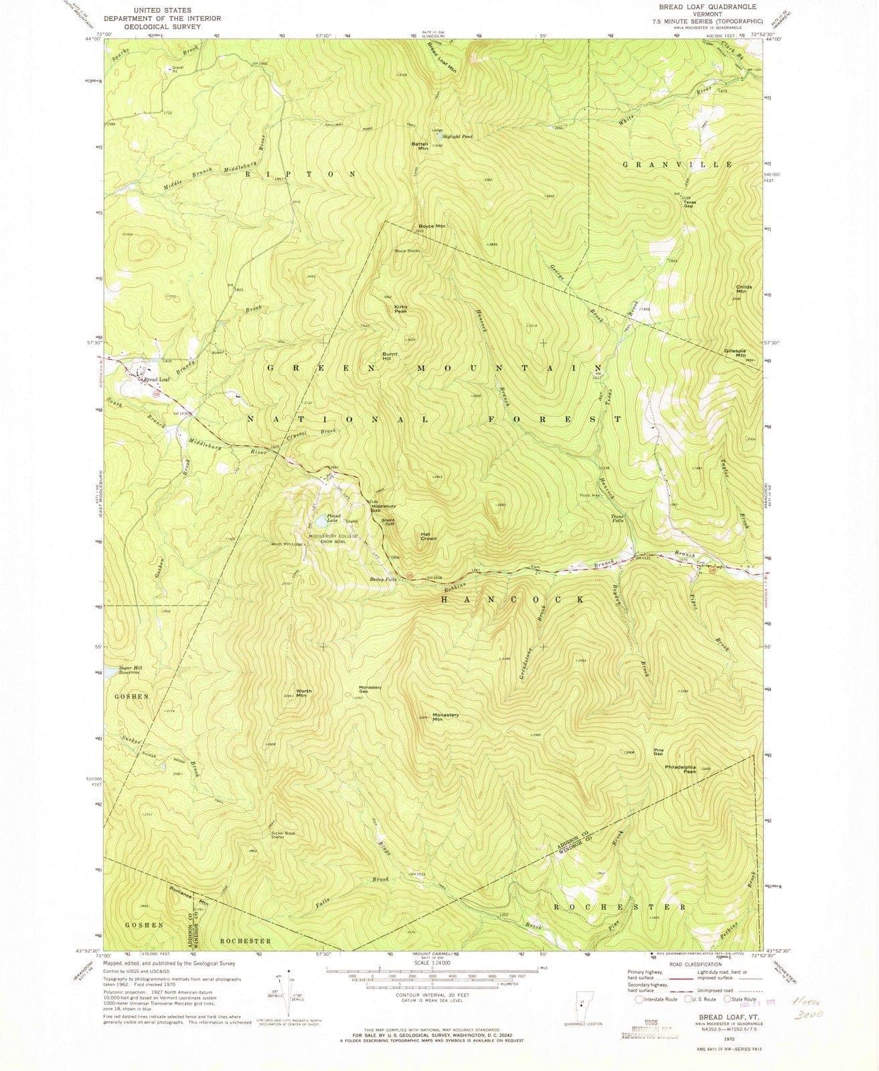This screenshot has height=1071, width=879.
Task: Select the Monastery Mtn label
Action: pos(445,717)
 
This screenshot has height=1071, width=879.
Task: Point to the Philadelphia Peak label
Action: pos(681,769)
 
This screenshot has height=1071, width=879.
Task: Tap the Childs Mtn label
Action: pos(743,289)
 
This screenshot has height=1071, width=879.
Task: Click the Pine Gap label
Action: pos(659,752)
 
